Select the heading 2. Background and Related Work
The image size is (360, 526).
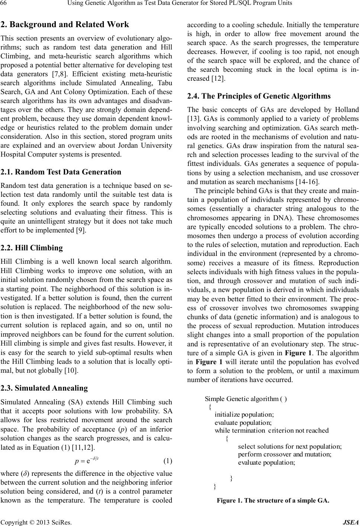coord(65,25)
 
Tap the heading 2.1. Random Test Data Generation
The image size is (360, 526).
coord(61,172)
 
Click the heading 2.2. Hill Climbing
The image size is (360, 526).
coord(32,248)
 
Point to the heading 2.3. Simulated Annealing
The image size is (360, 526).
coord(44,388)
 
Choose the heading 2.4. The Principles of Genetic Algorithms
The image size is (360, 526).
coord(259,96)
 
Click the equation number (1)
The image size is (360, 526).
coord(168,461)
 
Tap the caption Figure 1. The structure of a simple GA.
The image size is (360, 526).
coord(273,500)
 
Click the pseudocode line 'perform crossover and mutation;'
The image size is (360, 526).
coord(285,454)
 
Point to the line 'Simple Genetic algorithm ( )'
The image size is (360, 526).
coord(245,399)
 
